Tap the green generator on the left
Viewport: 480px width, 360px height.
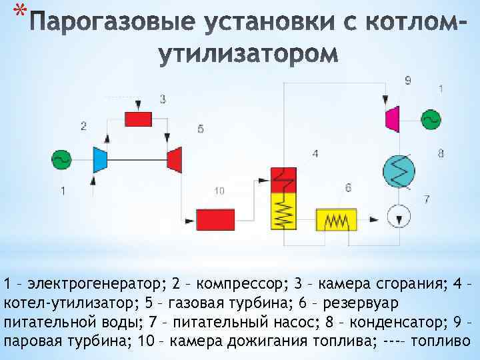pos(62,159)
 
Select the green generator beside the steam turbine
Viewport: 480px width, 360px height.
pos(431,119)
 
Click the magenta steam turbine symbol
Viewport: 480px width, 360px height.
pos(392,119)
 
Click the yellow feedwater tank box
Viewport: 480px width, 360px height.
pos(336,219)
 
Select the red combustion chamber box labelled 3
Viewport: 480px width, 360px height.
pos(139,119)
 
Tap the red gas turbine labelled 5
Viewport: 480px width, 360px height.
pos(175,159)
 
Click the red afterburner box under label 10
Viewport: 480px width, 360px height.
pos(215,219)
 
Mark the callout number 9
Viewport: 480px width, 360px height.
pos(407,81)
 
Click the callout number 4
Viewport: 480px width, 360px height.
pos(315,153)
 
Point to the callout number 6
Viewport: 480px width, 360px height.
pos(348,188)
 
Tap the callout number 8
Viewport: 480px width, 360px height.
pos(441,153)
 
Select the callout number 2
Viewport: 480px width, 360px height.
pos(83,125)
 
